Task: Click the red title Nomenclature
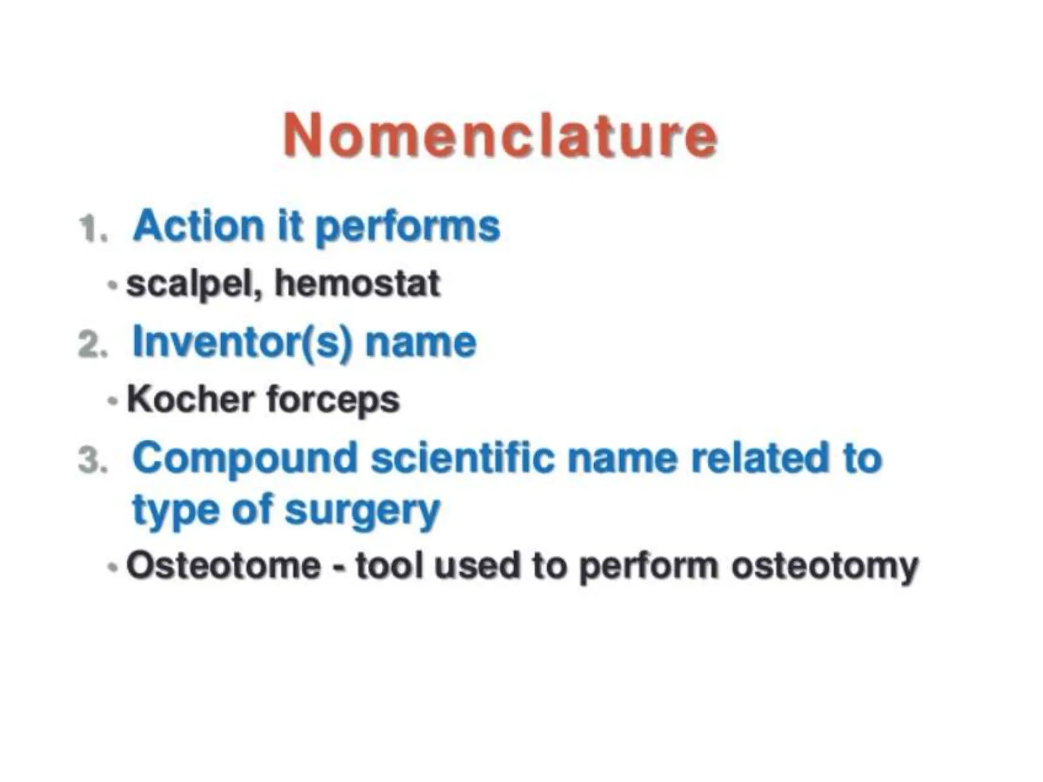coord(500,135)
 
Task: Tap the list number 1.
coord(93,229)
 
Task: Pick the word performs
coord(407,228)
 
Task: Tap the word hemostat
coord(357,284)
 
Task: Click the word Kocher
coord(190,400)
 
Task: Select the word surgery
coord(362,511)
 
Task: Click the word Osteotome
coord(224,566)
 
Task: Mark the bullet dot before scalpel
coord(113,285)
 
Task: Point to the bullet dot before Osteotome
coord(113,567)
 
